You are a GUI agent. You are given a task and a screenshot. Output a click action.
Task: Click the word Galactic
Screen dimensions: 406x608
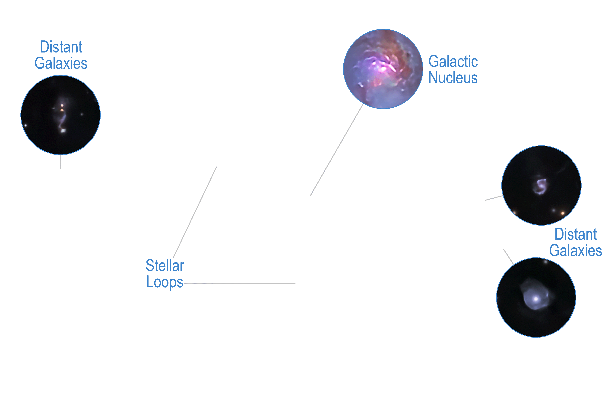[453, 62]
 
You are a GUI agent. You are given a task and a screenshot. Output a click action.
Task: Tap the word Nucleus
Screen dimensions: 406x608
[453, 78]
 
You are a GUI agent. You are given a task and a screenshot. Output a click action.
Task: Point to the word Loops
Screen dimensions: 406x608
[165, 282]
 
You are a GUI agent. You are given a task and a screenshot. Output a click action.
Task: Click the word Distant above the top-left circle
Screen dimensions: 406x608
[61, 47]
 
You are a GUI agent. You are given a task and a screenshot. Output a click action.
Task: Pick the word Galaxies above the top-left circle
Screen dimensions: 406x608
[61, 63]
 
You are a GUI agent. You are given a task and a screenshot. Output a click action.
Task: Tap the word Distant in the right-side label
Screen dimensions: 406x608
[576, 234]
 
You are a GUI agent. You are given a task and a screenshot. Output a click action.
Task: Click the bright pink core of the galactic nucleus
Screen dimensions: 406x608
[383, 68]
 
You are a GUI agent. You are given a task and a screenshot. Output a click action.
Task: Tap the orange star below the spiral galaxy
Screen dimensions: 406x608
[563, 213]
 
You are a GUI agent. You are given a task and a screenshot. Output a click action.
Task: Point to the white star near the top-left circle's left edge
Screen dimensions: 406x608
[26, 126]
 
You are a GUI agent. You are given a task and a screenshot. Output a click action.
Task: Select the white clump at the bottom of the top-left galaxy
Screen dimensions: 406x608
[63, 131]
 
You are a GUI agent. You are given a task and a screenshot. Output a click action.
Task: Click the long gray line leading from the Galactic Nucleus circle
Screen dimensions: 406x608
[337, 150]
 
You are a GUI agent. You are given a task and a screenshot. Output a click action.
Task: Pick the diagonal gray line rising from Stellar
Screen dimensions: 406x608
[195, 212]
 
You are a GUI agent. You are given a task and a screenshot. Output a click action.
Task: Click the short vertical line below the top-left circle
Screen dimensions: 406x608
[61, 162]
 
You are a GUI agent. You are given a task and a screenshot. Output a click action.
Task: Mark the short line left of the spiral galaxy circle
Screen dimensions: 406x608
[494, 198]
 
